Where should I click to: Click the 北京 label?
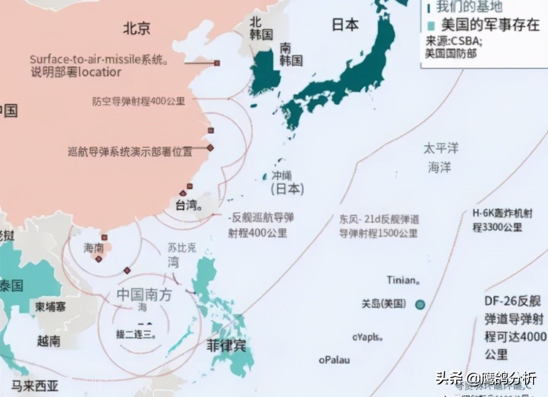point(136,28)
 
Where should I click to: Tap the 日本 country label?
point(345,25)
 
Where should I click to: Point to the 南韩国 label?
point(291,54)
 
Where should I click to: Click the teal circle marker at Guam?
point(420,304)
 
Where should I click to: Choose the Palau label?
point(334,360)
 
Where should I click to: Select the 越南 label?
point(49,341)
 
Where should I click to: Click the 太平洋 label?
point(440,148)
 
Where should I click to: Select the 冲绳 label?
point(282,176)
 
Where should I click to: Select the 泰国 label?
point(12,285)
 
